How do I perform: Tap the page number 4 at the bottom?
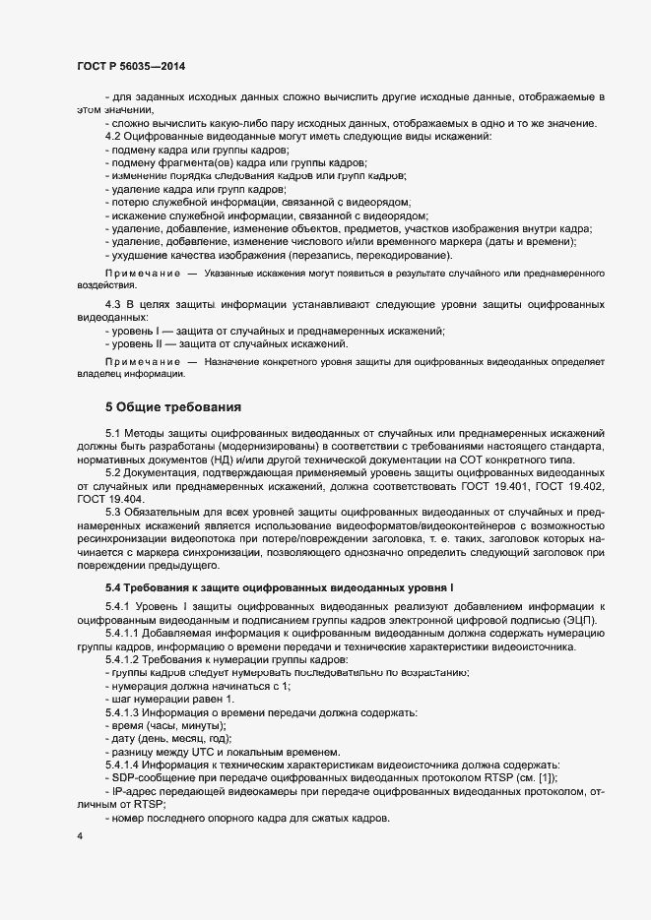(79, 835)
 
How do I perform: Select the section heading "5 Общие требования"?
(172, 406)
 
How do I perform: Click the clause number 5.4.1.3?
(124, 710)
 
